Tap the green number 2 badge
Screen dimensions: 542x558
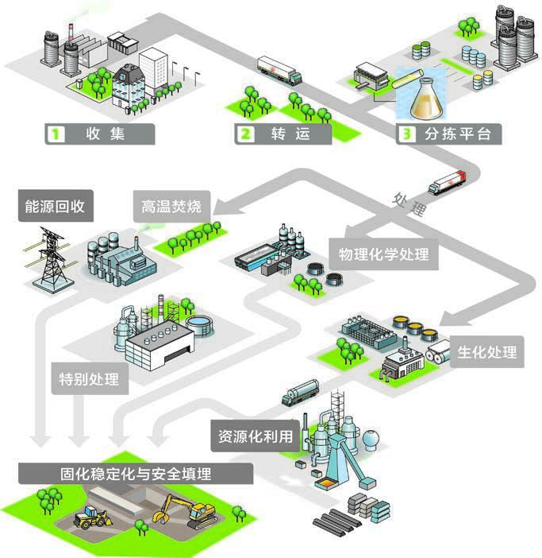246,134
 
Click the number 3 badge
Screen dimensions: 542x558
406,134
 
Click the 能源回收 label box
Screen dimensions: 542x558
56,206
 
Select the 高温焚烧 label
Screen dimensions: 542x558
171,207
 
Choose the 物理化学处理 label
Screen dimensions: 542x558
383,254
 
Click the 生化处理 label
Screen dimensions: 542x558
487,351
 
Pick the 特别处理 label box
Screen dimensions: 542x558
90,378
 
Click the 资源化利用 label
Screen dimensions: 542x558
256,436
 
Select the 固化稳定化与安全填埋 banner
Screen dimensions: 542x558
136,474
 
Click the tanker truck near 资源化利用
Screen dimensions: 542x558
301,392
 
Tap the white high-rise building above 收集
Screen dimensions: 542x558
153,68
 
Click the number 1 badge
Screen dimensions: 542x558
56,134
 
